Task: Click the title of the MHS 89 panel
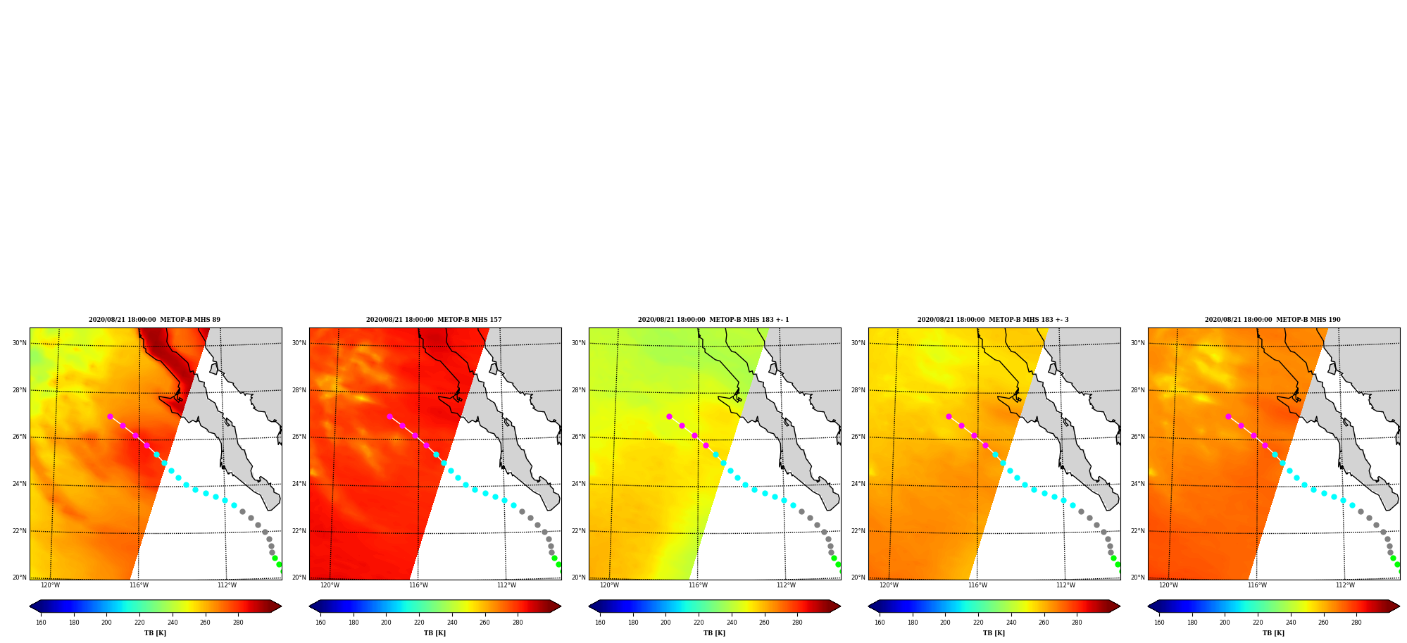pos(154,320)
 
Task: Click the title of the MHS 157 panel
pos(434,320)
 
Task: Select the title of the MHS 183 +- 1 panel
pos(713,320)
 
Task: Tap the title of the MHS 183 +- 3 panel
pos(993,320)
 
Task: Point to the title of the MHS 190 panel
pos(1272,320)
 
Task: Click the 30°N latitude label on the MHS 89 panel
pos(19,344)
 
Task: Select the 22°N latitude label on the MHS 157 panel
pos(299,531)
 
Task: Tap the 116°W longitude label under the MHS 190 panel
pos(1257,585)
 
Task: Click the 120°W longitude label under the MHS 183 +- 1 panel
pos(609,585)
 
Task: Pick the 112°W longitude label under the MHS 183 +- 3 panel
pos(1065,585)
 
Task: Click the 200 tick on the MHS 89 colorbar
pos(106,623)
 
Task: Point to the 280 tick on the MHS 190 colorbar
pos(1356,623)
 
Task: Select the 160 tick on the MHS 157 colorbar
pos(320,623)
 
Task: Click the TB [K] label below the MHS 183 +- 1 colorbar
pos(714,633)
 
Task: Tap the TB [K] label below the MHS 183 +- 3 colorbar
pos(994,633)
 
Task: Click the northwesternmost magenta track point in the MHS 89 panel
pos(110,416)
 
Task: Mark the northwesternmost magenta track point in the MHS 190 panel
pos(1228,416)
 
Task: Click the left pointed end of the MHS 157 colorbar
pos(310,606)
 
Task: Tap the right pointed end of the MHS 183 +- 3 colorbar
pos(1119,606)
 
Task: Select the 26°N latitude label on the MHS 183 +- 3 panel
pos(858,437)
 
